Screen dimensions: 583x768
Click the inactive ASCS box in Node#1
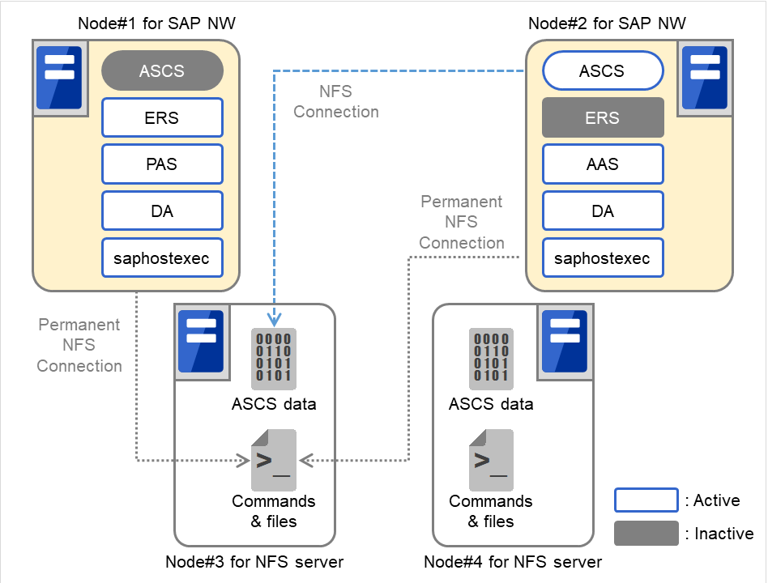(162, 70)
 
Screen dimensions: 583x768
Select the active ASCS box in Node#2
(602, 70)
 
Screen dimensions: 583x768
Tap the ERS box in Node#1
(162, 117)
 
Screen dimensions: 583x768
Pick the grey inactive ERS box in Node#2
(602, 117)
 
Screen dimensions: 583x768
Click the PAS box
(162, 164)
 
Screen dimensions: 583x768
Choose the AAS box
(602, 164)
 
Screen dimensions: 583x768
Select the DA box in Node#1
(162, 211)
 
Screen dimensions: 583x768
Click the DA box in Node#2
(602, 211)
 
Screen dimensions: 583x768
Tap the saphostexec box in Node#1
(162, 258)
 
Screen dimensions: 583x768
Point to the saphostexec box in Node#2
(602, 258)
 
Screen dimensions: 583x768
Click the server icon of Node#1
(59, 77)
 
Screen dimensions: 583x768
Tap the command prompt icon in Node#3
(274, 460)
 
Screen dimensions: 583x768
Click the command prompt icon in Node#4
(491, 460)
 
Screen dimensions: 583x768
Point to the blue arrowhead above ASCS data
(274, 321)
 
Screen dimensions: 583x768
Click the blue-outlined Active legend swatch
(646, 500)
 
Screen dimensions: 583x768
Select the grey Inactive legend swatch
(646, 534)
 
